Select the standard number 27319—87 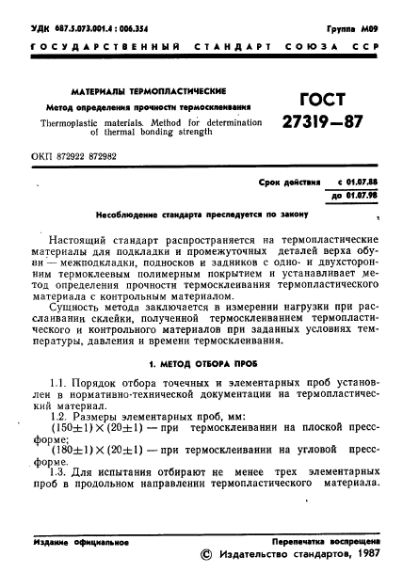click(x=319, y=122)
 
